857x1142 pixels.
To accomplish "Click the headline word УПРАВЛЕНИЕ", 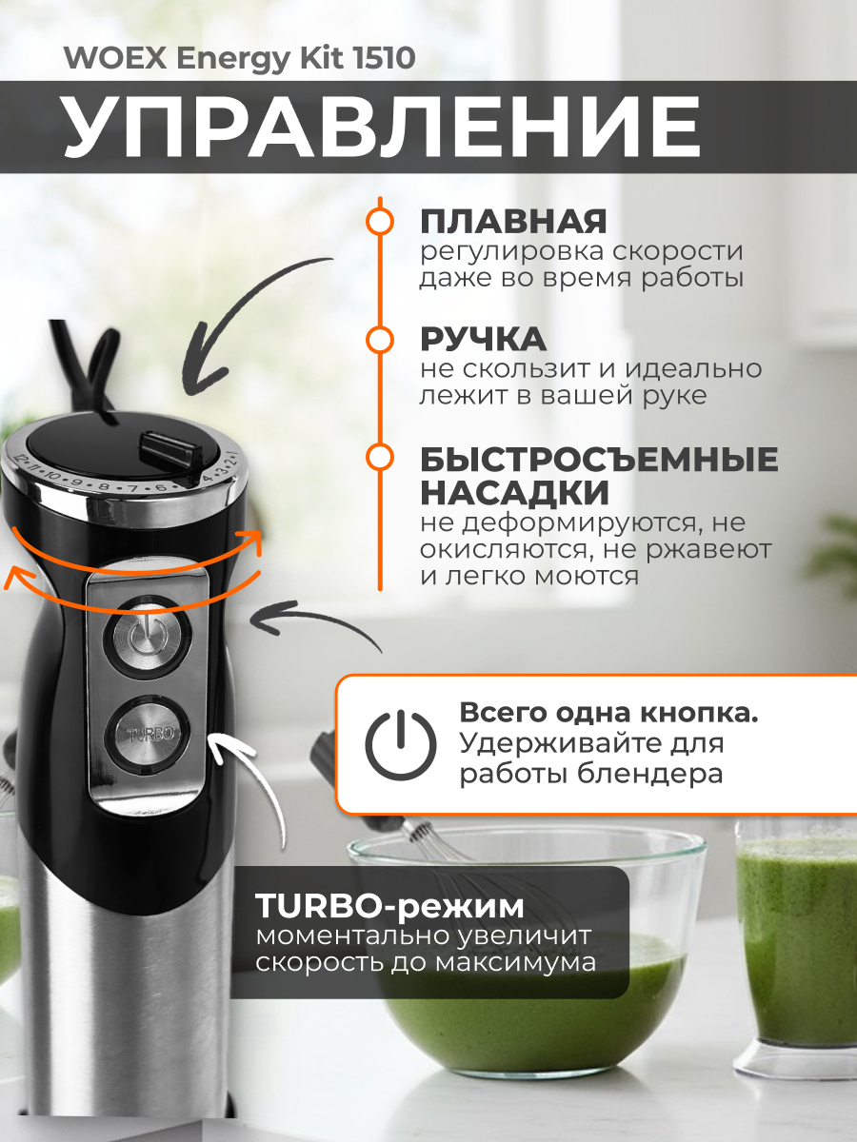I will tap(381, 126).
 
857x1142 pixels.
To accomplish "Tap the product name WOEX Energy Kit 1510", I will tap(239, 59).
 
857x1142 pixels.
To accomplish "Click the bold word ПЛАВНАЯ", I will tap(513, 221).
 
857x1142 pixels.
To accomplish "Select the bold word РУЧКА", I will tap(483, 340).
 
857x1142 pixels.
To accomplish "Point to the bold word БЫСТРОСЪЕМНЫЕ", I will tap(599, 460).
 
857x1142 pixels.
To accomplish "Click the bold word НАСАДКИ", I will tap(514, 493).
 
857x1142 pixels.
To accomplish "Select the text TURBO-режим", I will tap(389, 903).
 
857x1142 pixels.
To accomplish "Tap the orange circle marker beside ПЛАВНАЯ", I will tap(380, 221).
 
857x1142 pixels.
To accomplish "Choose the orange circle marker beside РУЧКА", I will tap(380, 340).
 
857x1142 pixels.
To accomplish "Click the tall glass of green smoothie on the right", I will tap(798, 942).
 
